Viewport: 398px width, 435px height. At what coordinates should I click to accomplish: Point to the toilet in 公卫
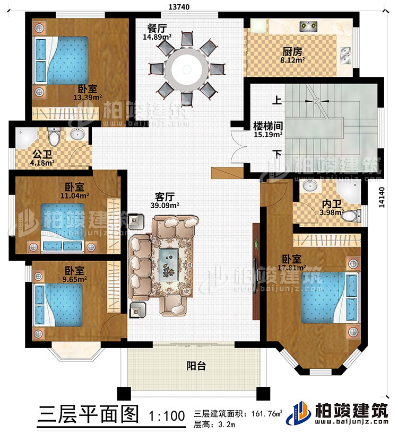tap(54, 138)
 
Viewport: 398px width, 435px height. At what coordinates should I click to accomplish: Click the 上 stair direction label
tap(278, 99)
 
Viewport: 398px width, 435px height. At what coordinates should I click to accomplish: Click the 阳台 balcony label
tap(194, 366)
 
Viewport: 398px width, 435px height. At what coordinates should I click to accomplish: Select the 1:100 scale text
tap(165, 414)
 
